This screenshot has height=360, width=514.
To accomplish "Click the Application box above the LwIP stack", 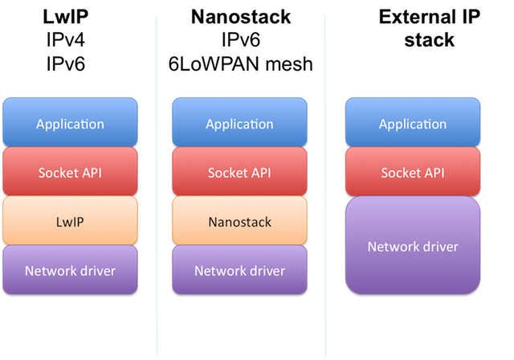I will [70, 124].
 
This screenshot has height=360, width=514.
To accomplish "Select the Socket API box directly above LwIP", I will [70, 172].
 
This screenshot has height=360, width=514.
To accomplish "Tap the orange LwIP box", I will [70, 221].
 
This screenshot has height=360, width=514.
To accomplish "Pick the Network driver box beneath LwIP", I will [70, 270].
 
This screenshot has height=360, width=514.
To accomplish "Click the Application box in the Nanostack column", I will [239, 124].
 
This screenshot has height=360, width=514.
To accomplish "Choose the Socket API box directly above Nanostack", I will [239, 172].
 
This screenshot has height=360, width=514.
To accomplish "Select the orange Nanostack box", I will [239, 221].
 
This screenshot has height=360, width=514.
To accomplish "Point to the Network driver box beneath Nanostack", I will [239, 270].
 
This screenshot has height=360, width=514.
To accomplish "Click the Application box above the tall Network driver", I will [412, 124].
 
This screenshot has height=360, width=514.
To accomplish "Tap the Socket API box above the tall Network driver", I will [412, 172].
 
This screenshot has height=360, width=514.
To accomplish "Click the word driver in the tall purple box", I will [440, 246].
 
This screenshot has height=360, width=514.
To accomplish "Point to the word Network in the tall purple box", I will [393, 246].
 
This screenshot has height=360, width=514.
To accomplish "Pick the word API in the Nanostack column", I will [259, 173].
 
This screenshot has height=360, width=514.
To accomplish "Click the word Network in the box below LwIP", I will [51, 271].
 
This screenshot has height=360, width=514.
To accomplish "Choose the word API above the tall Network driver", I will [432, 173].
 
